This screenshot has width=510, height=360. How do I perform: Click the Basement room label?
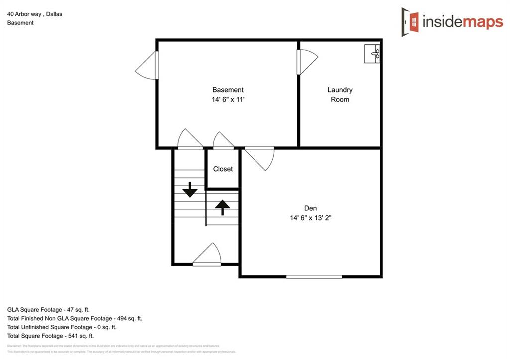[x=228, y=90]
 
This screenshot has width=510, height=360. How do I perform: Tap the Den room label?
[x=310, y=208]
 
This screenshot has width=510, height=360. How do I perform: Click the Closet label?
[x=223, y=169]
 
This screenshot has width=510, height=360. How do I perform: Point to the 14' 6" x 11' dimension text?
[x=228, y=99]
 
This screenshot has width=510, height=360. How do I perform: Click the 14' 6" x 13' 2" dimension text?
[x=310, y=218]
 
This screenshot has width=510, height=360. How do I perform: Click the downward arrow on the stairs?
[x=190, y=190]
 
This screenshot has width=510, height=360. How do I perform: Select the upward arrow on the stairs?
[x=222, y=206]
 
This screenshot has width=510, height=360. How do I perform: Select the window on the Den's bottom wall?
[x=314, y=276]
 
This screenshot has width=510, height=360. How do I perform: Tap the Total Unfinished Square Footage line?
[x=62, y=327]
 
